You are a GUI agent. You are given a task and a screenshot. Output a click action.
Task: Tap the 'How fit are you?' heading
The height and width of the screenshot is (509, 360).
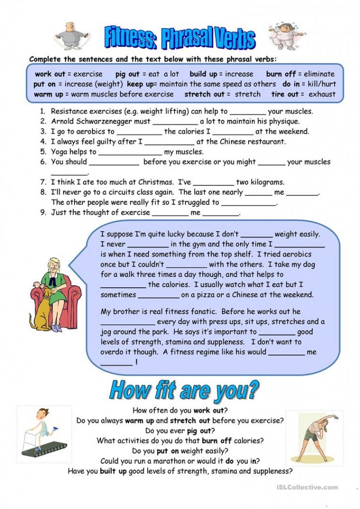[x=184, y=390]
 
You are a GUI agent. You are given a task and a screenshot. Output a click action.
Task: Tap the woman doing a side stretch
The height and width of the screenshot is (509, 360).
[x=307, y=437]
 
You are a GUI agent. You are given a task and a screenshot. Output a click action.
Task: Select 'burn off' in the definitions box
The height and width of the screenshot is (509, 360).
[x=281, y=74]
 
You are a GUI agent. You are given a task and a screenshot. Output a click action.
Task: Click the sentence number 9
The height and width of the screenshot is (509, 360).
[x=43, y=212]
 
